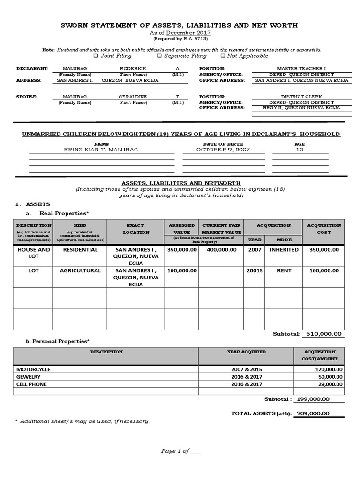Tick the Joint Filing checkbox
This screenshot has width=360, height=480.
pos(96,56)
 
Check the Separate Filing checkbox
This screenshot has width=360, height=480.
pos(159,56)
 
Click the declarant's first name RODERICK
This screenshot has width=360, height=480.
pos(133,68)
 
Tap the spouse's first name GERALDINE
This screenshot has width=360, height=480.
pos(133,96)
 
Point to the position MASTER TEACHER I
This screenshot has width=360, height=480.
pos(301,68)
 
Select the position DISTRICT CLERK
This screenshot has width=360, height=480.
pos(301,96)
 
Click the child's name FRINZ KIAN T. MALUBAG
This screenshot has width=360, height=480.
pos(102,150)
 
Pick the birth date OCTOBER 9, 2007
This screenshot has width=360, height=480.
pos(223,150)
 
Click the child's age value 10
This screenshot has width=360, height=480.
pos(300,150)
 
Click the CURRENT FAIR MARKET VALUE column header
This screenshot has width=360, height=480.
pos(221,229)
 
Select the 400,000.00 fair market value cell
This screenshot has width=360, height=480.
pos(221,250)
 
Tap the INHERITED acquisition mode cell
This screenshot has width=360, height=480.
pos(284,250)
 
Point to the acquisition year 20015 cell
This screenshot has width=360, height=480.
pos(255,270)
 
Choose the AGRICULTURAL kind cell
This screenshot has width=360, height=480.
pos(80,270)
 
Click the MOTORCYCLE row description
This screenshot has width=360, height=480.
pos(34,369)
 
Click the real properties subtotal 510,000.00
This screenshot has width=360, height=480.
pos(323,334)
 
